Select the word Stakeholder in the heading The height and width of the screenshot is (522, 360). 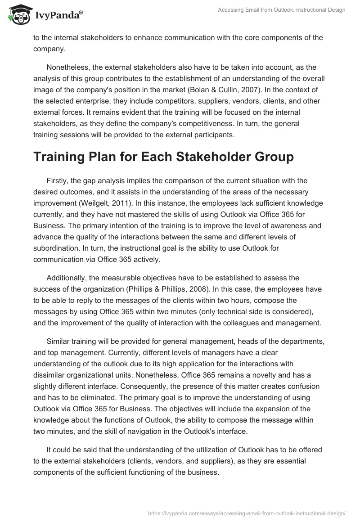pyautogui.click(x=213, y=157)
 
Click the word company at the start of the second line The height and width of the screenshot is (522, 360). pyautogui.click(x=47, y=49)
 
